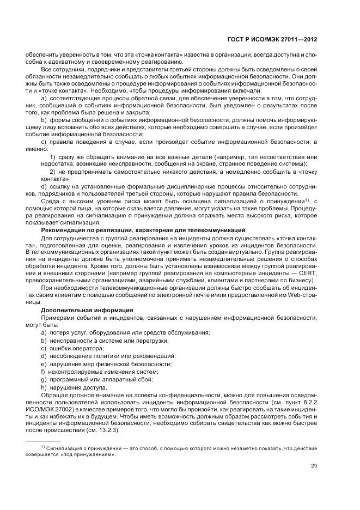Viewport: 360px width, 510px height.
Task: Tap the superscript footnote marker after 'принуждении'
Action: pos(306,199)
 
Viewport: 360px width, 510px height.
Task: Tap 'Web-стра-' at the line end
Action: pos(302,295)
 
